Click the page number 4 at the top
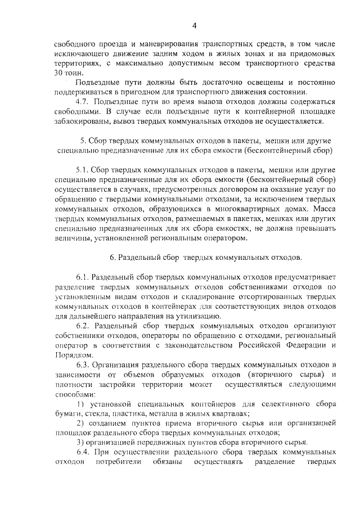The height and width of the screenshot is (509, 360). (193, 25)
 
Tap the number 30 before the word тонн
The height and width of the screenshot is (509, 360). (60, 73)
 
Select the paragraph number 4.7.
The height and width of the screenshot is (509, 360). (83, 101)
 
